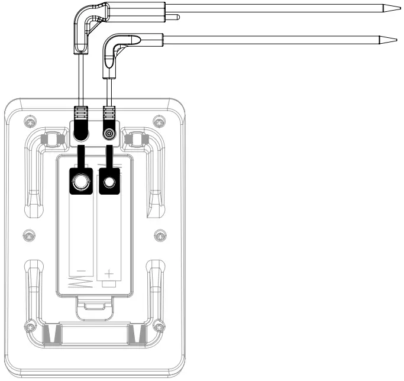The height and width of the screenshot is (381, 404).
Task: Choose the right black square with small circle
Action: [x=108, y=182]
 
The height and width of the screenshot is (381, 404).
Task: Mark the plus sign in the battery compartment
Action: [x=109, y=273]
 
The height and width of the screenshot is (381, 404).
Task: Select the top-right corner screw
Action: [x=159, y=122]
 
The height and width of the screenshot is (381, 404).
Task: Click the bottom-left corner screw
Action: [x=28, y=326]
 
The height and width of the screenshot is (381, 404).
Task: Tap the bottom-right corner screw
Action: [x=159, y=326]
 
